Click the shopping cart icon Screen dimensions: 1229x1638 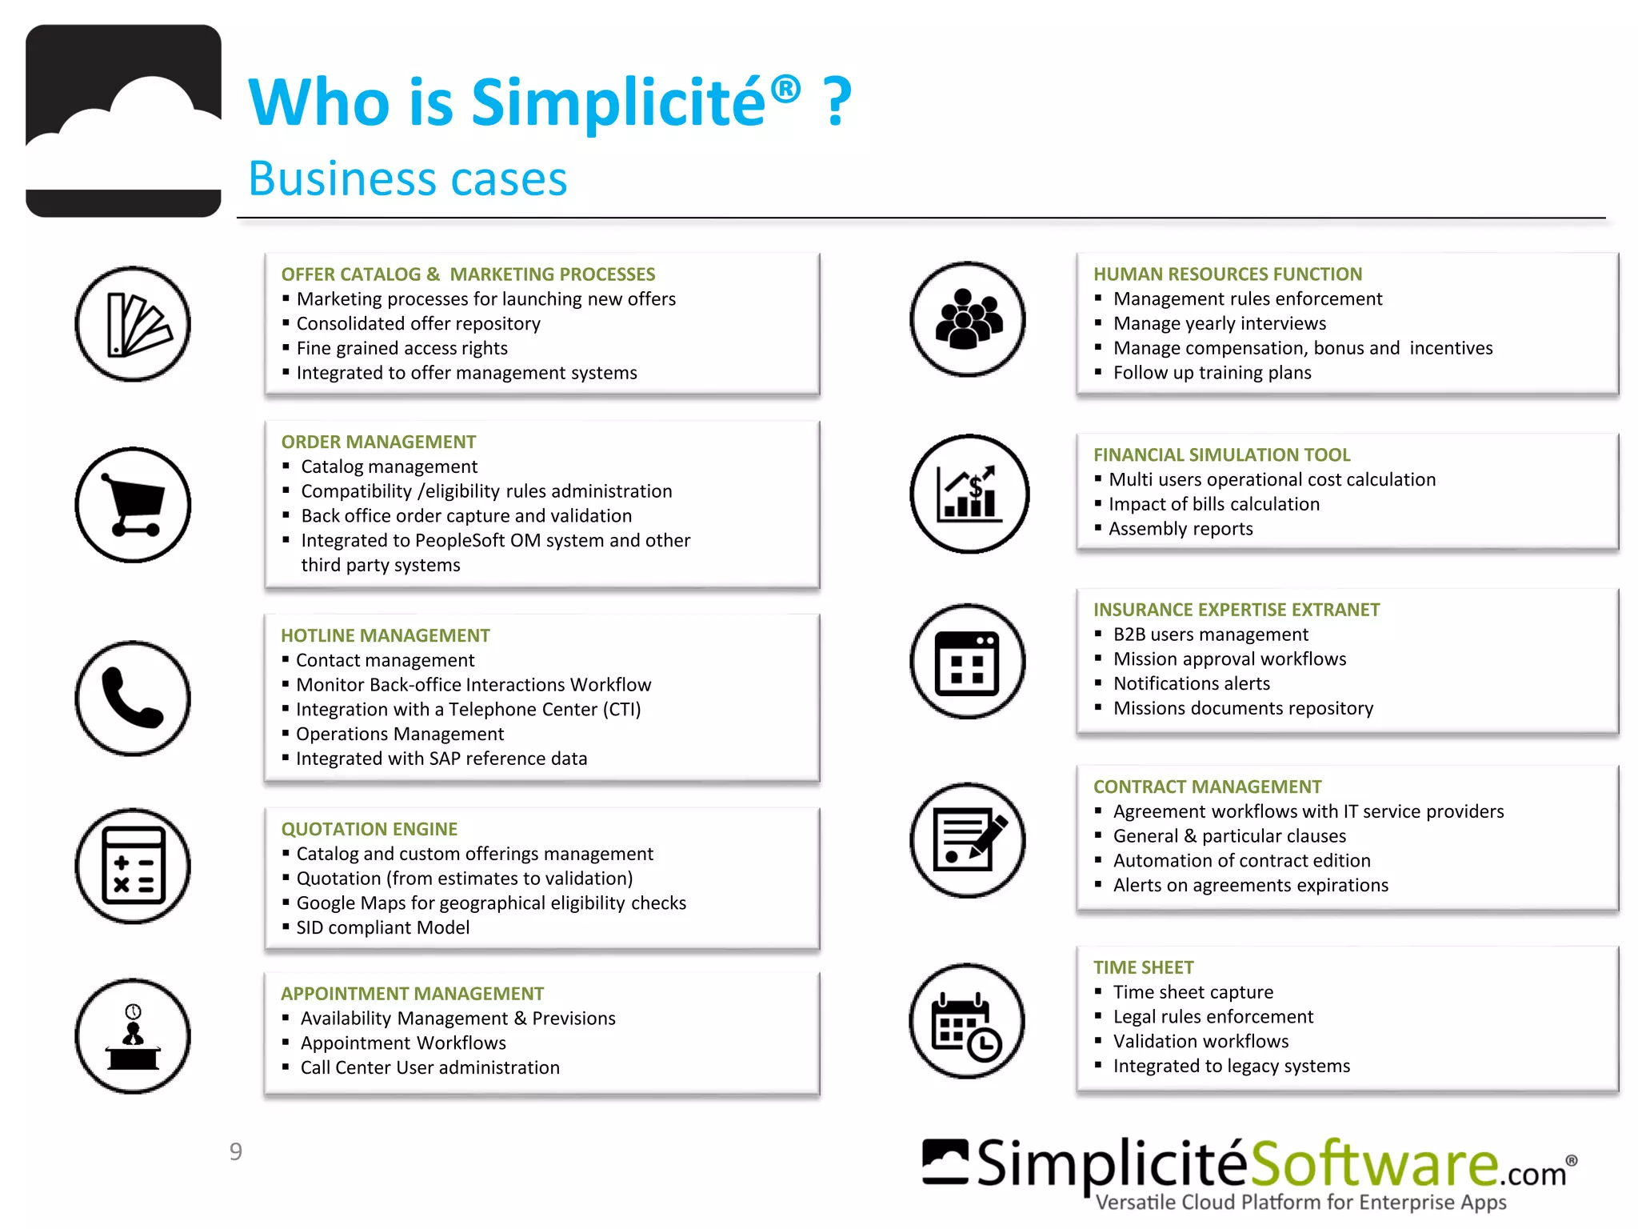click(133, 505)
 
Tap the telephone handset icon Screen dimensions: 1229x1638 click(133, 698)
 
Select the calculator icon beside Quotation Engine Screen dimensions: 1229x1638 click(133, 866)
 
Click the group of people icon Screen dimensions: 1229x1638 click(968, 318)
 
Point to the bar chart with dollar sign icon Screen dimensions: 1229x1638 click(969, 494)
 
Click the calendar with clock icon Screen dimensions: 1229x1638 click(967, 1021)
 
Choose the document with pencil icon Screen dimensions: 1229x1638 click(968, 840)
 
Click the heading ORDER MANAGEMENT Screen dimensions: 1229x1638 click(378, 442)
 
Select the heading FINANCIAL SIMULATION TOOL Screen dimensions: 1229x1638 click(1221, 454)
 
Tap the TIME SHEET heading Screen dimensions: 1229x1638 click(1143, 967)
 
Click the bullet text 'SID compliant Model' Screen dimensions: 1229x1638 click(382, 927)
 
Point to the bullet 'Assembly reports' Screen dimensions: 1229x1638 click(1181, 529)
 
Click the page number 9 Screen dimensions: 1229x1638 click(235, 1151)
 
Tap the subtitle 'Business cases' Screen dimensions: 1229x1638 click(407, 178)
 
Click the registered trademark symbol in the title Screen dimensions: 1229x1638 click(785, 88)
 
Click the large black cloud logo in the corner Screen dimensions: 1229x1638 click(123, 121)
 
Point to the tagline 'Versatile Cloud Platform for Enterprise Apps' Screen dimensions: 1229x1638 click(1300, 1202)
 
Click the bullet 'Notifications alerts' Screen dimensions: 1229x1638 click(1191, 683)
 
